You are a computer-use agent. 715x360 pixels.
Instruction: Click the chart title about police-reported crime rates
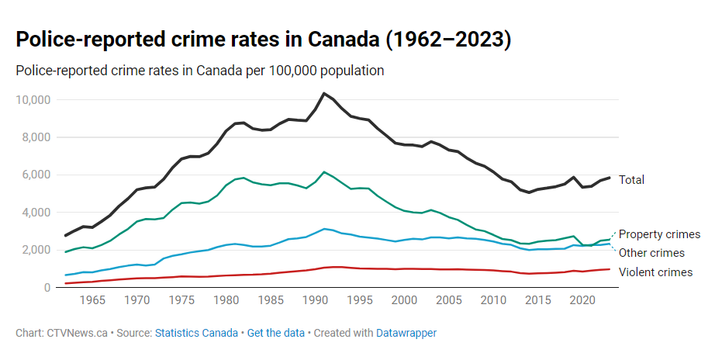tap(264, 40)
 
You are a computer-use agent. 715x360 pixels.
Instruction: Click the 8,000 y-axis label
tap(36, 137)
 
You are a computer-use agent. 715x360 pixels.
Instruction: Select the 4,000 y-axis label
tap(36, 213)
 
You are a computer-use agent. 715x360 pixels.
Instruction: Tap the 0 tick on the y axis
tap(48, 288)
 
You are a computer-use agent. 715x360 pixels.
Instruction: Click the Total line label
tap(631, 180)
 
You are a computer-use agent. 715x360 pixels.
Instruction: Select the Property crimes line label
tap(659, 234)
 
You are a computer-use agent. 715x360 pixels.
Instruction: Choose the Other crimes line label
tap(651, 253)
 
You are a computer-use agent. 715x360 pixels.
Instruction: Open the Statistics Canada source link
tap(197, 333)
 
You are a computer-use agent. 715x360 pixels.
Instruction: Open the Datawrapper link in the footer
tap(406, 333)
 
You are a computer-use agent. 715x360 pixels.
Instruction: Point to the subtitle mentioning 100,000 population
tap(200, 71)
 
